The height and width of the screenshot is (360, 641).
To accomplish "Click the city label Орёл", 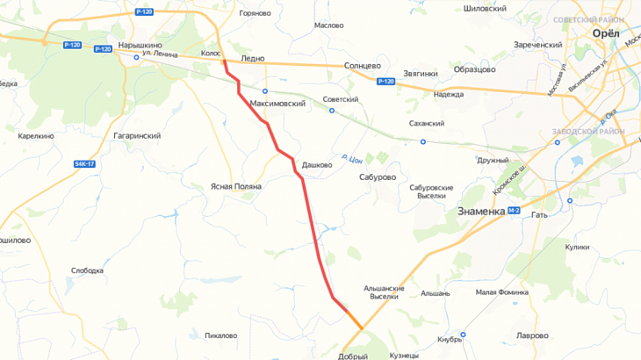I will click(606, 32).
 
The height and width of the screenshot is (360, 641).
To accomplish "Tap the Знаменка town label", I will click(481, 211).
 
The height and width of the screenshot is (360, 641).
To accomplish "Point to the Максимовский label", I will click(277, 104).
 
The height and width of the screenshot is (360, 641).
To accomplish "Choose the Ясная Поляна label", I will click(236, 187).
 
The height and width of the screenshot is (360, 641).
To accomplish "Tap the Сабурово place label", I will click(378, 176).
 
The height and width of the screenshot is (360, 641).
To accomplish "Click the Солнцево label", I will click(363, 66).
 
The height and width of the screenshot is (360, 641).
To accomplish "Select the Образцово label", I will click(475, 69).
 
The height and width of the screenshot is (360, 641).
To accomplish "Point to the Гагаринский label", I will click(137, 136).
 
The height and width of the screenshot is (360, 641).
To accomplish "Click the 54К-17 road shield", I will click(84, 164).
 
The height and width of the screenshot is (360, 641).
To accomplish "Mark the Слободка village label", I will click(87, 270).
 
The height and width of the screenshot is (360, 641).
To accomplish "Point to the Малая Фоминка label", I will click(501, 292).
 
